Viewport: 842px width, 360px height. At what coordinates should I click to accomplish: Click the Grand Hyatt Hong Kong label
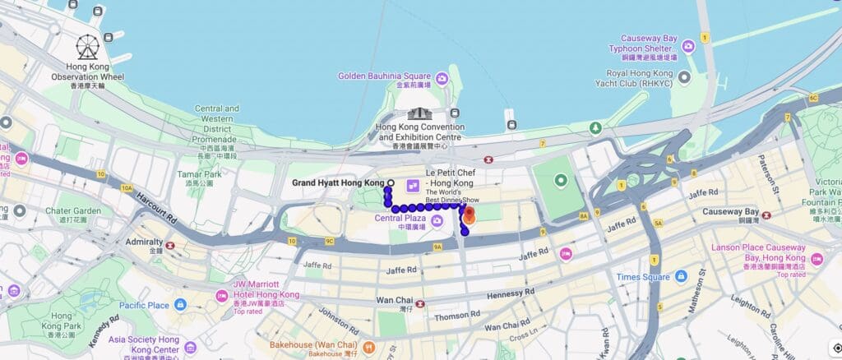click(338, 182)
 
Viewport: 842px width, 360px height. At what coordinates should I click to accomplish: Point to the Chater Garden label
click(75, 211)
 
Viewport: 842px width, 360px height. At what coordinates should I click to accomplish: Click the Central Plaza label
click(400, 219)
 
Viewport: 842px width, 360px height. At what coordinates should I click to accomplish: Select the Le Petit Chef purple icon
click(413, 183)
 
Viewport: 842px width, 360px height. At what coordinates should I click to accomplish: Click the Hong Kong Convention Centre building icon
click(420, 113)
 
